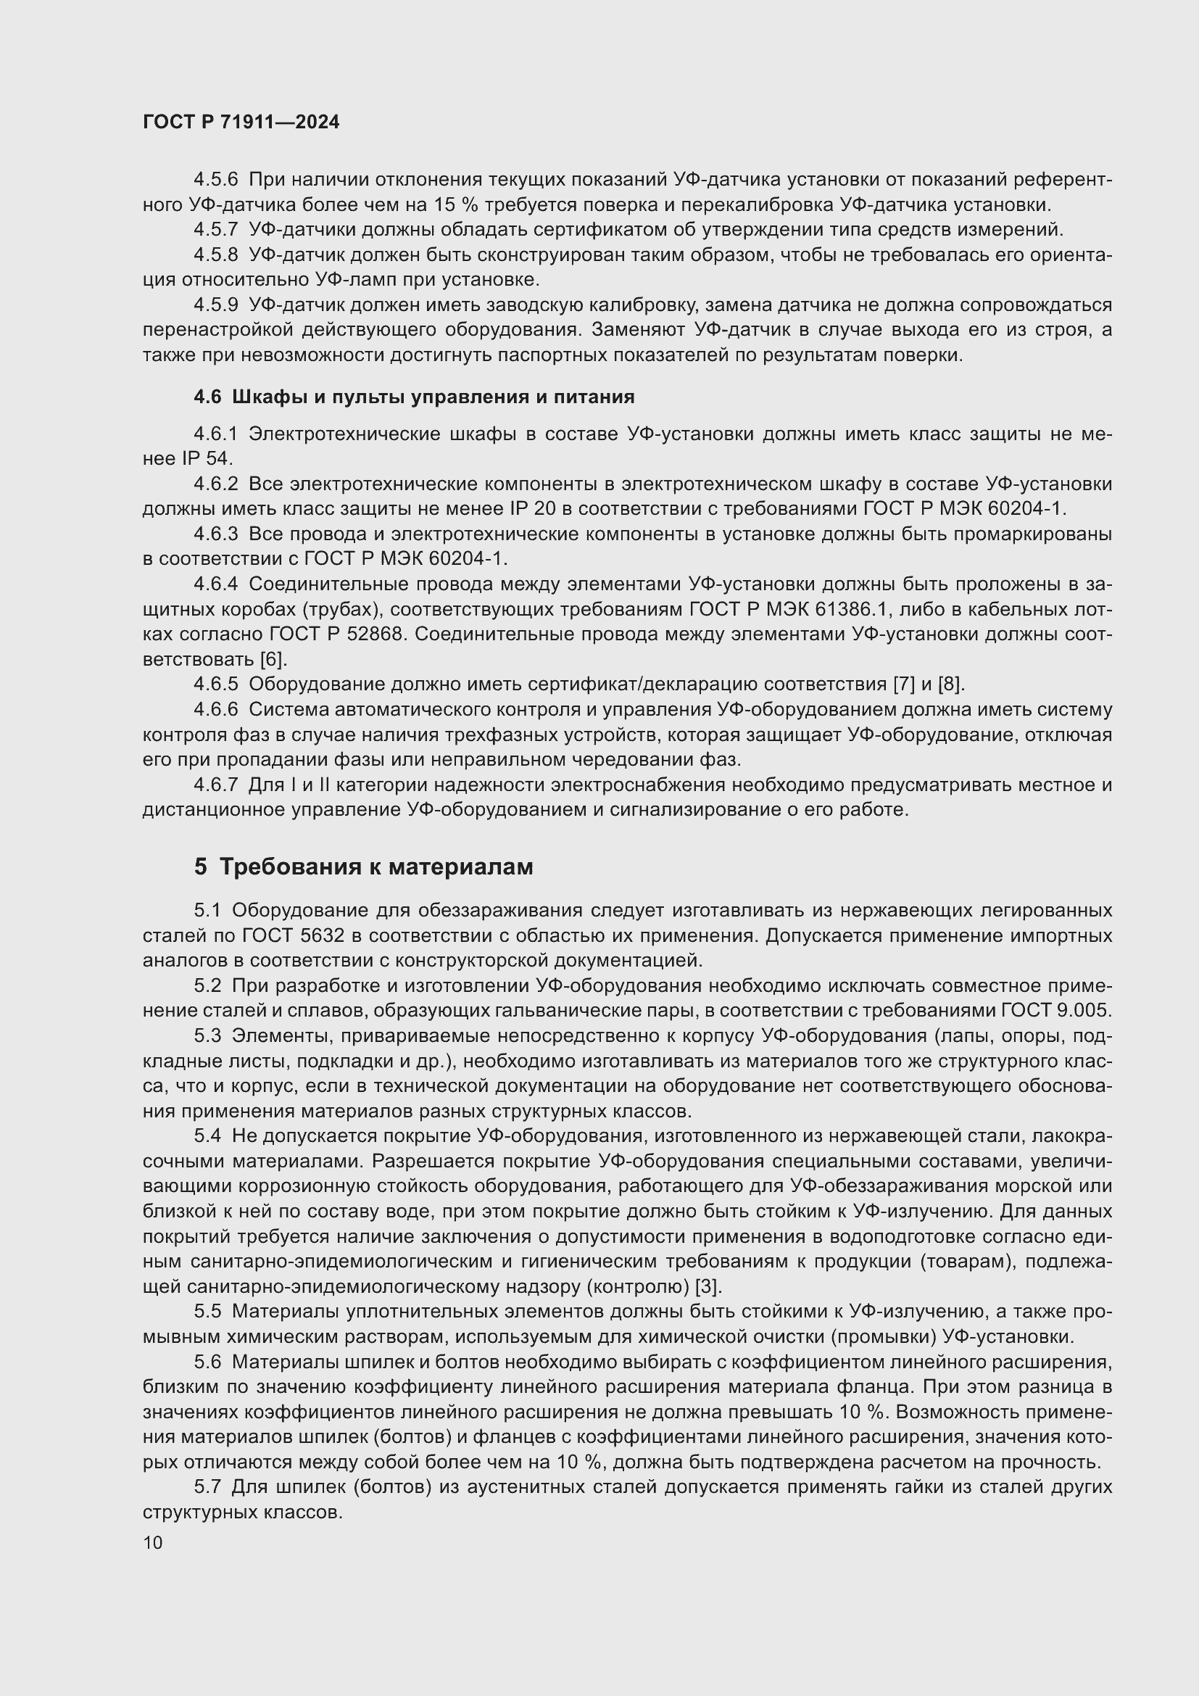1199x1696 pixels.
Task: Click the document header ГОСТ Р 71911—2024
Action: pyautogui.click(x=241, y=122)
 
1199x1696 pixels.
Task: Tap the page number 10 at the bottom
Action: pyautogui.click(x=153, y=1542)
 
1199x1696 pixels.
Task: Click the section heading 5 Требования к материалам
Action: pyautogui.click(x=363, y=866)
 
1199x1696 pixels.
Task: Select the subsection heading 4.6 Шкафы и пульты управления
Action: pyautogui.click(x=413, y=397)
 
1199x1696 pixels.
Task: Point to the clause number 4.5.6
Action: pyautogui.click(x=215, y=180)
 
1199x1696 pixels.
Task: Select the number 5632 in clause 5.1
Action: pyautogui.click(x=323, y=935)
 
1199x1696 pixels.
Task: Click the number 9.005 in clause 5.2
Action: pyautogui.click(x=1086, y=1011)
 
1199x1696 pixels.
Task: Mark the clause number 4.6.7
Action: pyautogui.click(x=215, y=785)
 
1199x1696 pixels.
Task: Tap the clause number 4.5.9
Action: pyautogui.click(x=215, y=305)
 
